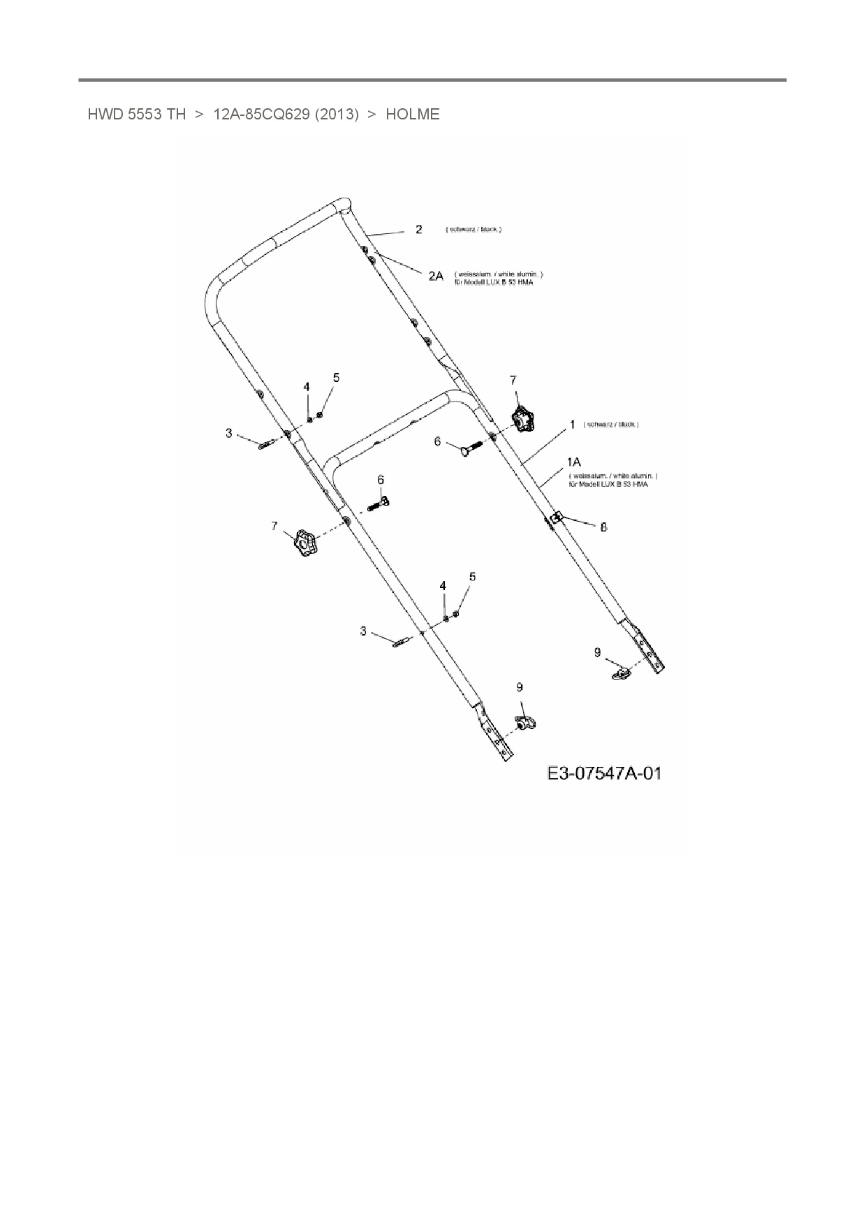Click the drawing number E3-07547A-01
click(x=604, y=773)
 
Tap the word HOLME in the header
click(x=413, y=115)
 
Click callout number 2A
click(x=436, y=277)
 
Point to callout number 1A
click(x=574, y=462)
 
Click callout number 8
click(x=604, y=527)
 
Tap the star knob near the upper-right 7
click(x=522, y=420)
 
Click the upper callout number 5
click(x=337, y=378)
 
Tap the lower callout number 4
click(x=443, y=585)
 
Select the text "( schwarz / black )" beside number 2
click(x=474, y=230)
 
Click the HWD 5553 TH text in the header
click(x=136, y=115)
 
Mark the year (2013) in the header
click(x=337, y=115)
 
